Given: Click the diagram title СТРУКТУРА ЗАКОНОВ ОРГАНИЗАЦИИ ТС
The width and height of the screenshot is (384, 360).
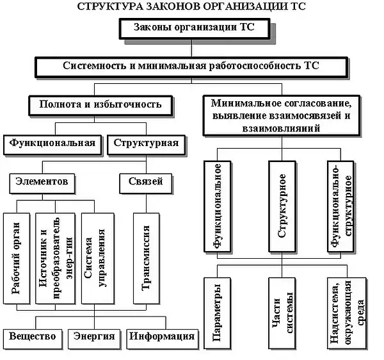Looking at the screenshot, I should point(191,7).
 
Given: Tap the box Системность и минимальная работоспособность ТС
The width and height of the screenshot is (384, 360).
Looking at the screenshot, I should point(191,67).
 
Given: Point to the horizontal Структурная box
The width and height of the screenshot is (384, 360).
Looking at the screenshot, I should point(146,143).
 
